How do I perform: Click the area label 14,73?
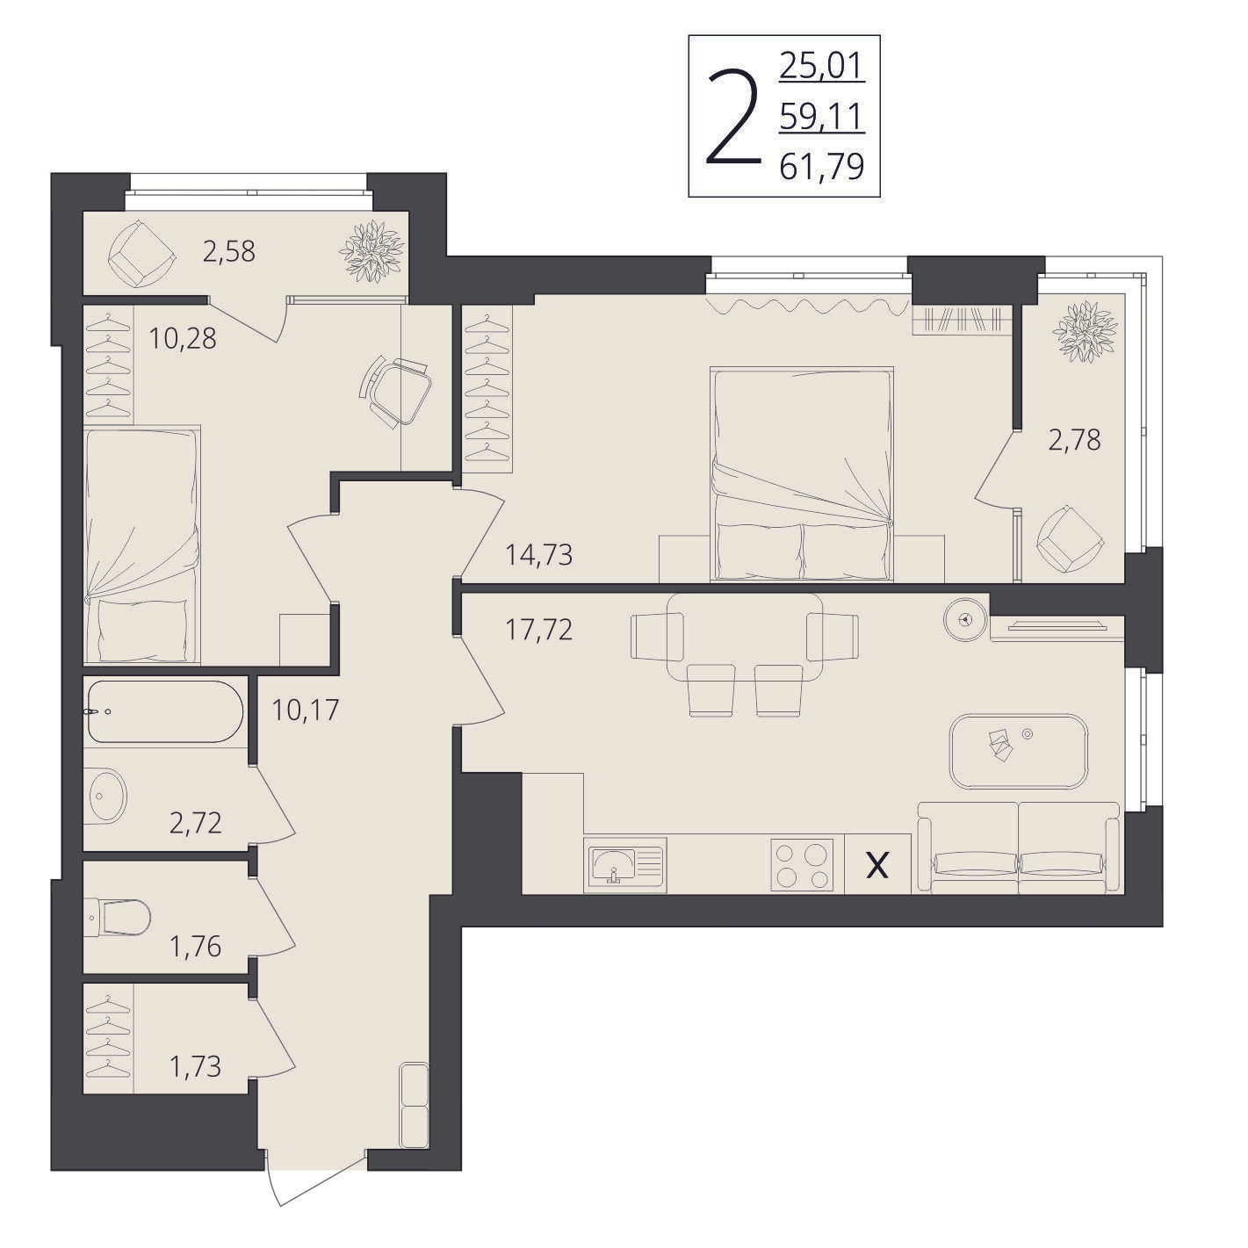[x=539, y=556]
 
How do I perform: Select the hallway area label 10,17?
[x=305, y=710]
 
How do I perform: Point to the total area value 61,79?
[x=822, y=167]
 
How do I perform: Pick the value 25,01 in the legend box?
[x=822, y=66]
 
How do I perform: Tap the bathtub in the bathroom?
[x=165, y=711]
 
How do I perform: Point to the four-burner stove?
[x=802, y=864]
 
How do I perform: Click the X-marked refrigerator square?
[x=877, y=864]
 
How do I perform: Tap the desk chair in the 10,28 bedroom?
[x=394, y=391]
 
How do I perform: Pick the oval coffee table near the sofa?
[x=1019, y=751]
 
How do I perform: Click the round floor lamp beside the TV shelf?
[x=965, y=618]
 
